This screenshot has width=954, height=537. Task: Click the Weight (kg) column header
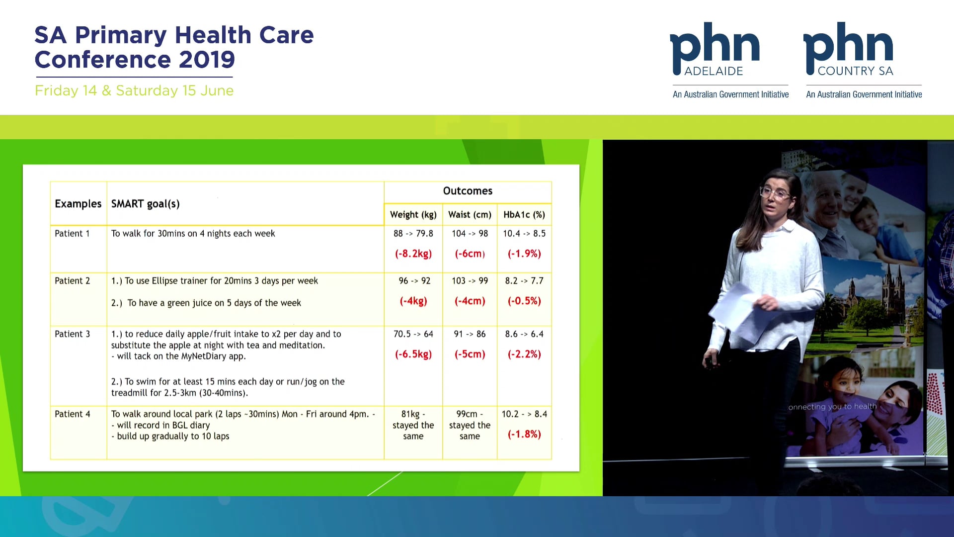coord(413,215)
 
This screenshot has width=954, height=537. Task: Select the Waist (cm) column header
coord(470,215)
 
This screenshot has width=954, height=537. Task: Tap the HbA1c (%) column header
coord(524,215)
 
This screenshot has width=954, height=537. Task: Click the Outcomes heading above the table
coord(468,191)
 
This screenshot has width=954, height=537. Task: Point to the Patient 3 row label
coord(73,334)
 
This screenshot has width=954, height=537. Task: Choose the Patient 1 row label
coord(73,234)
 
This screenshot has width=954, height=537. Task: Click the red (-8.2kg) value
coord(413,254)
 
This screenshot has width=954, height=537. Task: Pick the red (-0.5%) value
coord(524,301)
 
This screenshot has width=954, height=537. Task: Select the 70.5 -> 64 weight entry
coord(413,334)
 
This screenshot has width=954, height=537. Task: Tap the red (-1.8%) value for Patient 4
coord(524,434)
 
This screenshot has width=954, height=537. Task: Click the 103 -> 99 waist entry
coord(470,281)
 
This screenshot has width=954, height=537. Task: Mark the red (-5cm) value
coord(470,354)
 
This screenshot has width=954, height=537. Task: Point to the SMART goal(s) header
coord(146,204)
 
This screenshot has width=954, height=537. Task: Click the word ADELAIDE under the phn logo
coord(714,71)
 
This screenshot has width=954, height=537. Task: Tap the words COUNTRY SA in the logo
coord(856,71)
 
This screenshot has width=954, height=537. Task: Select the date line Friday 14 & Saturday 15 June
coord(134,90)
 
